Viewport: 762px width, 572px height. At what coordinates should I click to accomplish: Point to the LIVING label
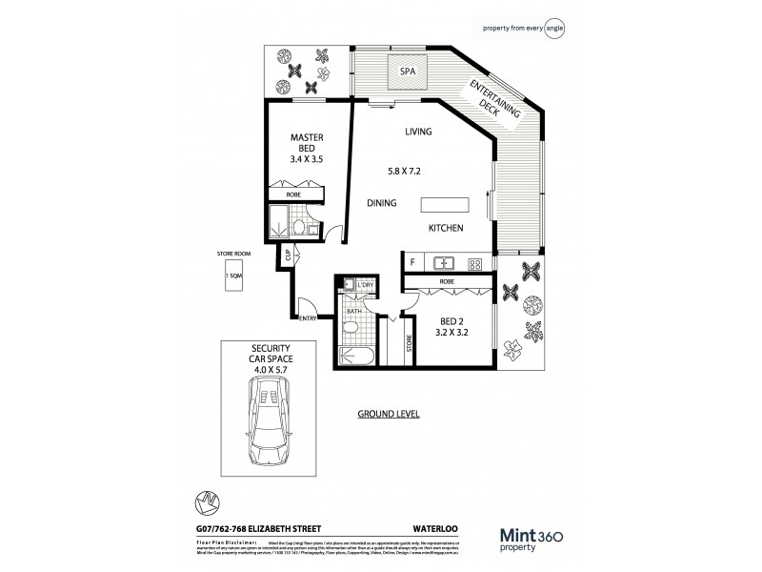pos(418,132)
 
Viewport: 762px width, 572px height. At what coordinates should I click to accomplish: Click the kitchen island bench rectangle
pos(446,205)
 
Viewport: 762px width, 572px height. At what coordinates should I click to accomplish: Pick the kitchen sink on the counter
pos(443,261)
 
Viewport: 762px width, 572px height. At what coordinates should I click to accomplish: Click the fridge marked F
pos(411,261)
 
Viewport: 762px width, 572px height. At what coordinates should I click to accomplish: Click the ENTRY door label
pos(308,318)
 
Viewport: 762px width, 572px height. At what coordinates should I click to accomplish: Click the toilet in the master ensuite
pos(298,228)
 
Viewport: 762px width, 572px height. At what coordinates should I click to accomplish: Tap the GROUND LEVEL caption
pos(389,415)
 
